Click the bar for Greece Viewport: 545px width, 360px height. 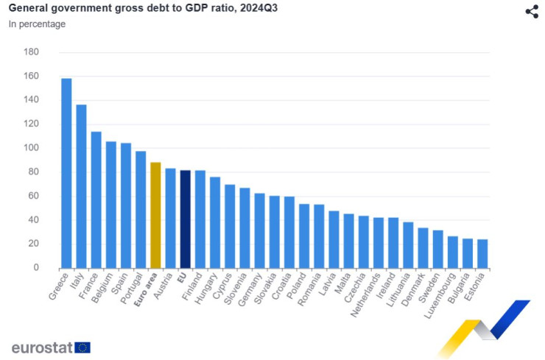point(66,173)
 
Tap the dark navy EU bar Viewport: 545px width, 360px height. point(186,219)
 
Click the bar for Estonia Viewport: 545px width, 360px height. point(482,253)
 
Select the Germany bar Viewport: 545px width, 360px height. point(259,230)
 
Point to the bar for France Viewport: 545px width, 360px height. point(96,200)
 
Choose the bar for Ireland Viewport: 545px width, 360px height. point(393,242)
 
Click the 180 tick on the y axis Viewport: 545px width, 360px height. point(32,52)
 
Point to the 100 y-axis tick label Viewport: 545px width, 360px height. point(32,148)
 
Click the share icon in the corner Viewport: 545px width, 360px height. point(532,11)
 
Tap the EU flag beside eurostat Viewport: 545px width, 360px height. point(82,347)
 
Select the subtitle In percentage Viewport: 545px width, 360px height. point(37,24)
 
